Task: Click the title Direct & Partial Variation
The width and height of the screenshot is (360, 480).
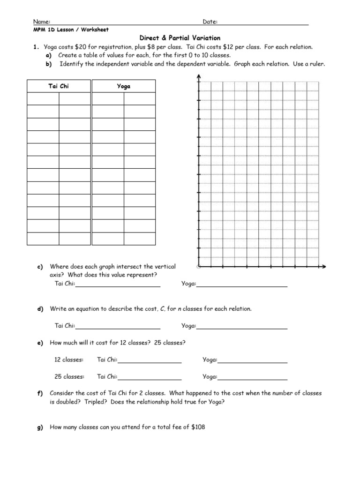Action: click(180, 38)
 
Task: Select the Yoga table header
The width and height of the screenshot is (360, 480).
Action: click(123, 86)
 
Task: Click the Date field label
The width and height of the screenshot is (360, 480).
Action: click(210, 22)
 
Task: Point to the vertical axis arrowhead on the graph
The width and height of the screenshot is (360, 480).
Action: click(199, 76)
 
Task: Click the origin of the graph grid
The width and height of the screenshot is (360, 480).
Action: click(199, 266)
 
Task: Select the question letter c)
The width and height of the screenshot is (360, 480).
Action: click(40, 267)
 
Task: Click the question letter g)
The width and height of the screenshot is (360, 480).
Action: click(40, 427)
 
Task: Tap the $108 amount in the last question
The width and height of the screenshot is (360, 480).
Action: click(199, 427)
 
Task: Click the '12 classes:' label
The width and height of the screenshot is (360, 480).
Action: click(69, 360)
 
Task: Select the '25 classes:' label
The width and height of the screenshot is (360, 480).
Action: click(69, 376)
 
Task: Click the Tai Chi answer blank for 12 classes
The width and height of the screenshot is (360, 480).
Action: click(150, 361)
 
